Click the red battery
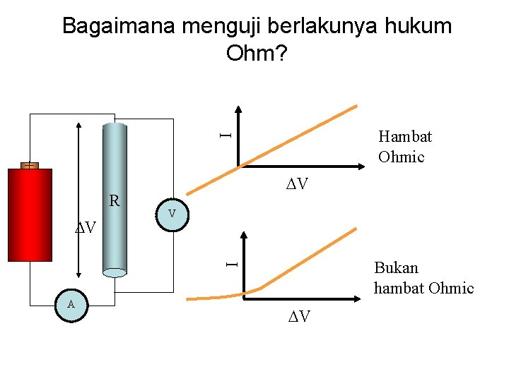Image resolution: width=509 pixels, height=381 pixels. (30, 215)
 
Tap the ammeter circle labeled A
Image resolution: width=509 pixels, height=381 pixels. (71, 305)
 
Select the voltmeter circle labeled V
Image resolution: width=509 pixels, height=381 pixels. (172, 214)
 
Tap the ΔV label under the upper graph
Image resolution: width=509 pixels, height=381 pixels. (297, 185)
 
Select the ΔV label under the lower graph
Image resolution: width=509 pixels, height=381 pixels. (298, 316)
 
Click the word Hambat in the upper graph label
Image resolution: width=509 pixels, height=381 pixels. (404, 136)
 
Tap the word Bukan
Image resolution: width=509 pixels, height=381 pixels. (396, 268)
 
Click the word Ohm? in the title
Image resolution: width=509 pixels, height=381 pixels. (256, 53)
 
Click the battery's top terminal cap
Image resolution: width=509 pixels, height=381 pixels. (29, 165)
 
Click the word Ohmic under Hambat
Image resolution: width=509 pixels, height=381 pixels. (401, 156)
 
